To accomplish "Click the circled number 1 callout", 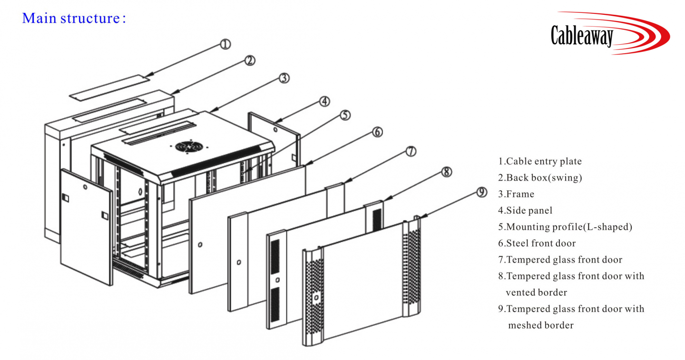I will pos(225,44).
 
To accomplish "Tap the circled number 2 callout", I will pos(250,60).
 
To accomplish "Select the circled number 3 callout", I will pos(284,78).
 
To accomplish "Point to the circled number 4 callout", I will pos(324,101).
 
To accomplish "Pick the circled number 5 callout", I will pos(345,115).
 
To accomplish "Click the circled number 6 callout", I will pos(377,132).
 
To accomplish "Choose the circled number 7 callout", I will pos(411,152).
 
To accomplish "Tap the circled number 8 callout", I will pos(446,172).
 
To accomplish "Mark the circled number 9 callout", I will pos(481,192).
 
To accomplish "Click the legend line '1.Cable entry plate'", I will pos(540,162).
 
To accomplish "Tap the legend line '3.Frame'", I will pos(516,194).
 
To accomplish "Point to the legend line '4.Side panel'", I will pos(525,210).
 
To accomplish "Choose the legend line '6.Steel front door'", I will pos(537,243).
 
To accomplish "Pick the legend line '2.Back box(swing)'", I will pos(540,178).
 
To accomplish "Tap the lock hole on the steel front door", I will pos(200,245).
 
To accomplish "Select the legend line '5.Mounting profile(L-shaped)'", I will pos(565,227).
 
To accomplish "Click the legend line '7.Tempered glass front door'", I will pos(560,260).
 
